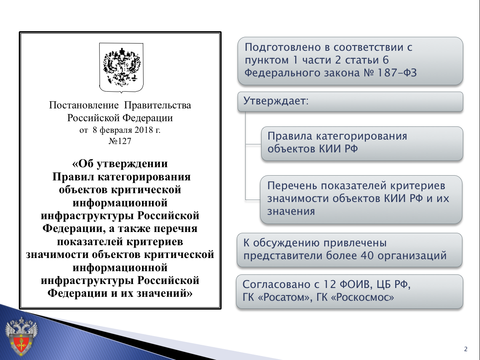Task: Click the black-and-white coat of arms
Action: click(x=121, y=68)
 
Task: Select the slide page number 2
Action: click(x=466, y=349)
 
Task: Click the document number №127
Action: click(x=120, y=141)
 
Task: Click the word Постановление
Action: click(x=84, y=105)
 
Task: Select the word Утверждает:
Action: click(x=276, y=101)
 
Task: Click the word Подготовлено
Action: click(x=283, y=48)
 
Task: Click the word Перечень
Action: click(x=292, y=186)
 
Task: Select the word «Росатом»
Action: click(x=285, y=297)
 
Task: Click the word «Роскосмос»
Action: click(x=362, y=297)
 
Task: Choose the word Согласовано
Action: click(x=277, y=284)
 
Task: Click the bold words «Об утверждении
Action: click(x=120, y=164)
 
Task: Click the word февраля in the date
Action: click(x=116, y=130)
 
